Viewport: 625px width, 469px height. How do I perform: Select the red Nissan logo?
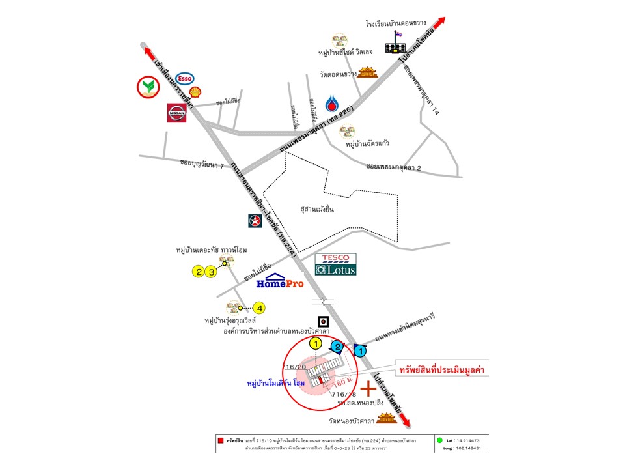(177, 113)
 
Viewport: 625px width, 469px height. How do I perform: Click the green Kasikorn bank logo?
(148, 87)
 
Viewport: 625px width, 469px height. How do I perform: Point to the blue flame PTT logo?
(332, 104)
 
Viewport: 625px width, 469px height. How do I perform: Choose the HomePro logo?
(280, 281)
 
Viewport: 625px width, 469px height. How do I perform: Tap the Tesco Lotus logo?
(335, 264)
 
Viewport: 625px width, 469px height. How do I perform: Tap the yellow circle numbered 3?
(210, 272)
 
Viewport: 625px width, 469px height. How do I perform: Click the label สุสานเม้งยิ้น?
(318, 209)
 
